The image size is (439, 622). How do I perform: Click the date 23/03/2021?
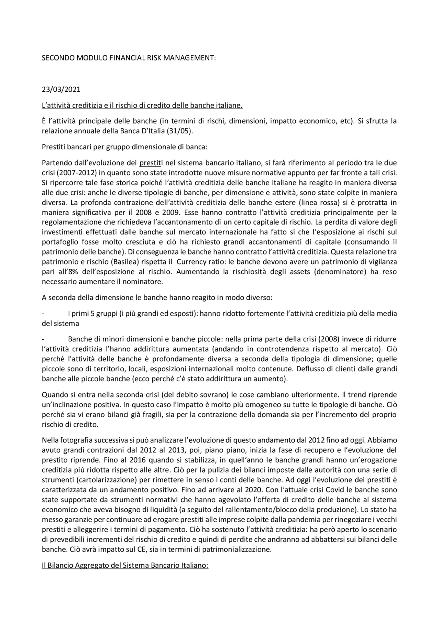(61, 90)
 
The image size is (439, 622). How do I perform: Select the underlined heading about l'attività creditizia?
(142, 105)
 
